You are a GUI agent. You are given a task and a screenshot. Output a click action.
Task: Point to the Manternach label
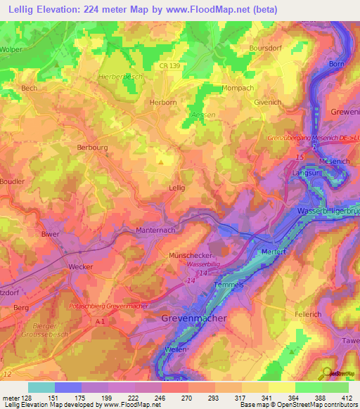point(155,230)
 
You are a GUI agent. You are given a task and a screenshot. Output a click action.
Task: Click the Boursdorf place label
point(266,48)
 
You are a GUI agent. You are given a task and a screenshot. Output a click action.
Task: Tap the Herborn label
point(163,102)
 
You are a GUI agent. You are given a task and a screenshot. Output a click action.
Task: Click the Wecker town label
point(81,266)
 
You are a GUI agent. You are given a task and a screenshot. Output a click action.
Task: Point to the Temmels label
point(229,285)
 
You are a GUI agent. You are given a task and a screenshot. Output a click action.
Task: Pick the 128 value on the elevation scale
point(28,397)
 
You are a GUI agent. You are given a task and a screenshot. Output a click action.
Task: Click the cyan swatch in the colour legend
point(41,387)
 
